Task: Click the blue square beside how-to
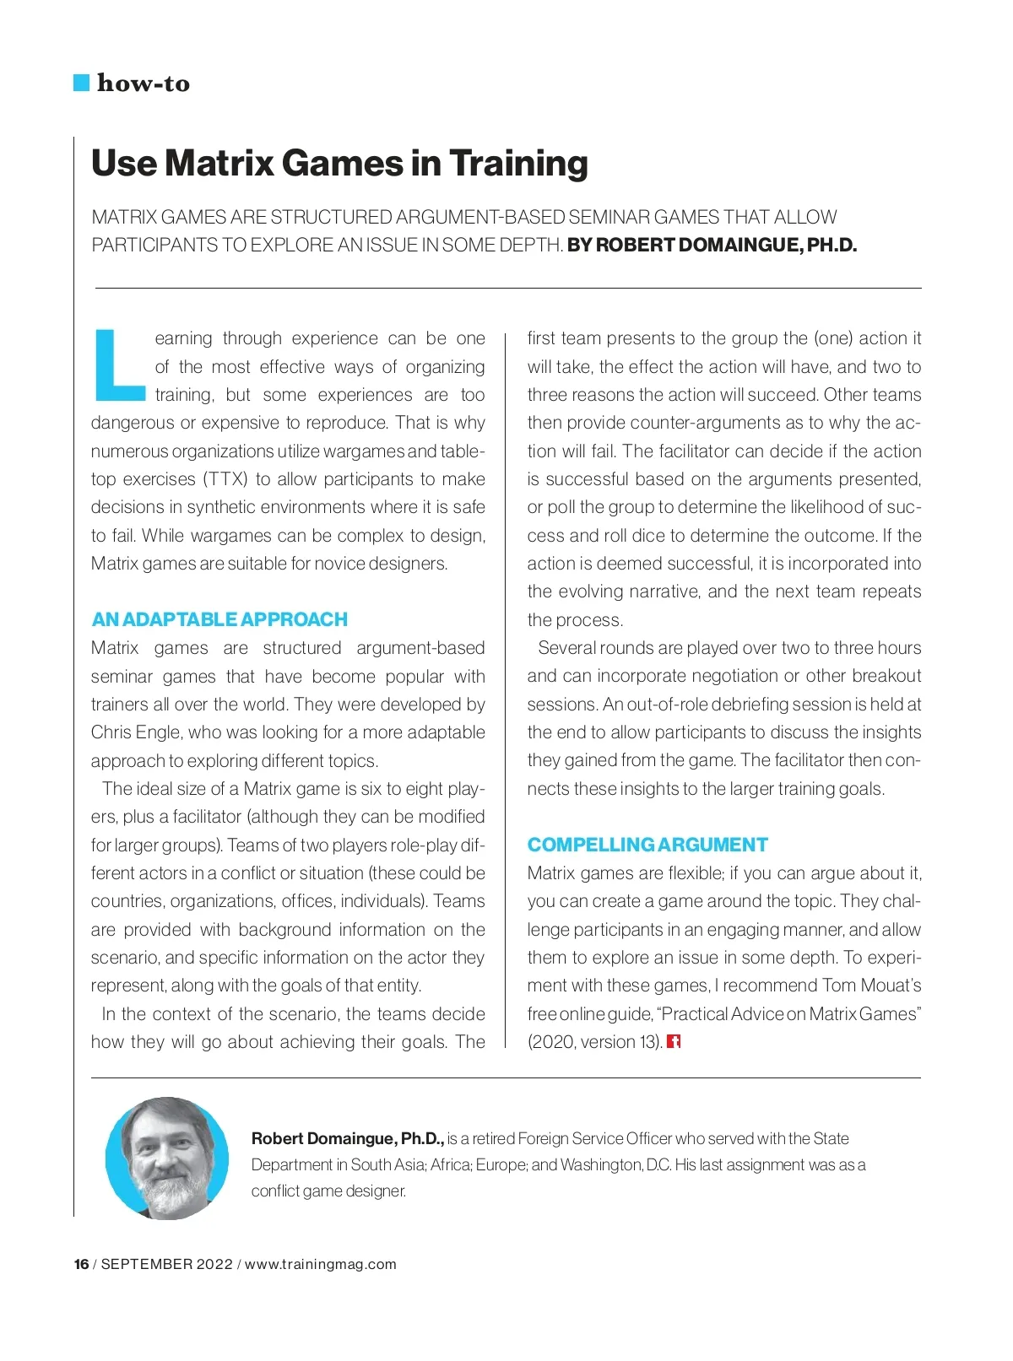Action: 82,83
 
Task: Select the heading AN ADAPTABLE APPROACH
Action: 219,619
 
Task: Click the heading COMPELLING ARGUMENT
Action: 647,845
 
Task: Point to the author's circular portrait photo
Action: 167,1158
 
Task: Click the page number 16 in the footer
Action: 81,1264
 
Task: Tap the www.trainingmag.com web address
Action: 320,1264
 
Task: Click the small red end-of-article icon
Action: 674,1041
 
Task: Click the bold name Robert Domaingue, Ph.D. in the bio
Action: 347,1138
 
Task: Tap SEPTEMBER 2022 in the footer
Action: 166,1264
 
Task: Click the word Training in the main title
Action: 518,164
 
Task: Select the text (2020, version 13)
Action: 594,1042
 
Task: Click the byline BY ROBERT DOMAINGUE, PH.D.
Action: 712,246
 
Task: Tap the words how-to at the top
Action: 144,83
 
